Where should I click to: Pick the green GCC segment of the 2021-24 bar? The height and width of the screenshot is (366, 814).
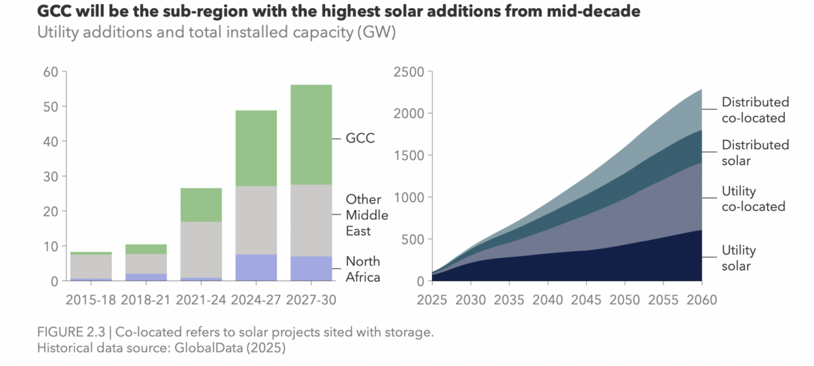pyautogui.click(x=201, y=205)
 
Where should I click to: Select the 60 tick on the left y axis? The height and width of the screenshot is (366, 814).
pyautogui.click(x=50, y=72)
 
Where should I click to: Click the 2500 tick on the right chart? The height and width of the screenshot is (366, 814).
pyautogui.click(x=409, y=72)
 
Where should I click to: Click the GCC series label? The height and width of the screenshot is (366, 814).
pyautogui.click(x=361, y=138)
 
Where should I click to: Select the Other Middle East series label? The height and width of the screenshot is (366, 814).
pyautogui.click(x=367, y=215)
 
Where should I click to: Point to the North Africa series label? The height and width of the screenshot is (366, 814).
pyautogui.click(x=363, y=269)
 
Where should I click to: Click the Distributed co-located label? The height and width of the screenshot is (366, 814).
pyautogui.click(x=755, y=110)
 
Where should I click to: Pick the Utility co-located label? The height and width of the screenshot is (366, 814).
pyautogui.click(x=753, y=199)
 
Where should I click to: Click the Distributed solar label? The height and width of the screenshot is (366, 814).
pyautogui.click(x=755, y=153)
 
